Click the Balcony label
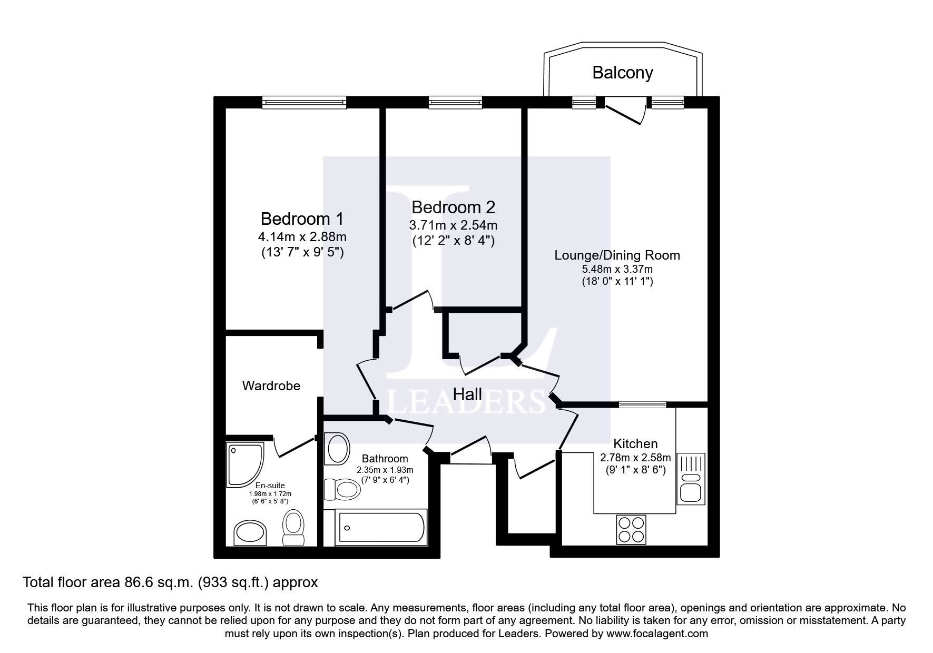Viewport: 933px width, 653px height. coord(622,72)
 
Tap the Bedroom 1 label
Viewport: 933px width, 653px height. coord(302,218)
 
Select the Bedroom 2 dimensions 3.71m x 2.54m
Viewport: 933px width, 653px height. coord(453,225)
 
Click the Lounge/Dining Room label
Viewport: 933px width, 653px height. coord(617,255)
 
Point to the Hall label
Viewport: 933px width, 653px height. coord(467,394)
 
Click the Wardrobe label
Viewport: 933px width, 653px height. coord(271,385)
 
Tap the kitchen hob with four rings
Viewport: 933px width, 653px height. coord(631,529)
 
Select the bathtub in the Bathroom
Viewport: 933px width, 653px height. coord(381,527)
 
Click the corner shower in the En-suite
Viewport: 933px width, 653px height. coord(244,463)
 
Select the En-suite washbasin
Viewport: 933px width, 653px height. coord(251,532)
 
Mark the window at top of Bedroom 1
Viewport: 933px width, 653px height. coord(305,102)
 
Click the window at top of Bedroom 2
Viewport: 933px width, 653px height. coord(455,102)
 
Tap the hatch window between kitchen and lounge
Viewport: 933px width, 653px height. coord(642,404)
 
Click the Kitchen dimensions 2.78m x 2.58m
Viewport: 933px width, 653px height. coord(635,457)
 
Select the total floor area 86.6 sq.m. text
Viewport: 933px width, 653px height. coord(170,582)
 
